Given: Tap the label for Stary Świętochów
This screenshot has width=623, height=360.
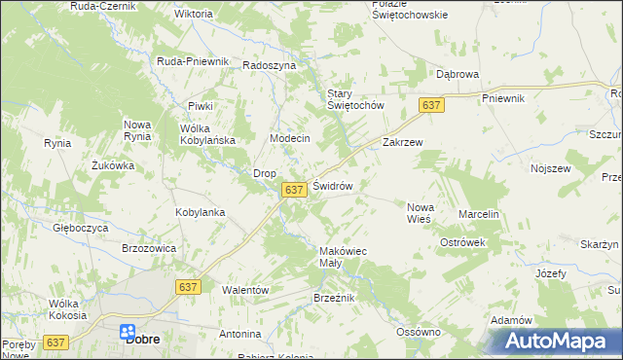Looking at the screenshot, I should (355, 99).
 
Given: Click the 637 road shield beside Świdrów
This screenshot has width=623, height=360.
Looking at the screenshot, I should (295, 190).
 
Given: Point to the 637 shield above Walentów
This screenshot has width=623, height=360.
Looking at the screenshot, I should (189, 287).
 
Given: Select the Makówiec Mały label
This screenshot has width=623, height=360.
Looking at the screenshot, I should (343, 257).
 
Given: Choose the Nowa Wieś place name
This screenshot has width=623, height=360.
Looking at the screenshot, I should (419, 212).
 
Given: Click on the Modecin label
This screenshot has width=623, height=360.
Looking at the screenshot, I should (289, 138).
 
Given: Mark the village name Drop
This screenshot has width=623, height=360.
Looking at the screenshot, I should (265, 173).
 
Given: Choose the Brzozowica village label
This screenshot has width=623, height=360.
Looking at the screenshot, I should (148, 248).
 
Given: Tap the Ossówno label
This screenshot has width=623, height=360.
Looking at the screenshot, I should (419, 332).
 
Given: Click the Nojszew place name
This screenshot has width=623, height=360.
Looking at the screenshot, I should (550, 168).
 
